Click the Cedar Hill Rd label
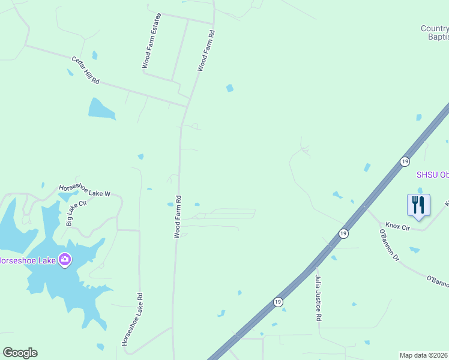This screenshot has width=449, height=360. point(85,71)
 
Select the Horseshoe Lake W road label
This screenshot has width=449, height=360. point(85,190)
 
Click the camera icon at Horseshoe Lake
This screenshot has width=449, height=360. point(65,260)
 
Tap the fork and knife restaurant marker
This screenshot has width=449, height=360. point(418,205)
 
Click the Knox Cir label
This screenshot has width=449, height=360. point(397,227)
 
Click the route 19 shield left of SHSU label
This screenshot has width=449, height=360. point(405,162)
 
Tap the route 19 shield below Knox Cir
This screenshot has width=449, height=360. point(343,233)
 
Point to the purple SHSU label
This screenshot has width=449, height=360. point(433,175)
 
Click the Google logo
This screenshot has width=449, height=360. point(20,353)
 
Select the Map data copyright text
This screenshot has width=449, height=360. point(424,355)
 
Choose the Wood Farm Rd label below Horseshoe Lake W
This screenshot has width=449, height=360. point(178,216)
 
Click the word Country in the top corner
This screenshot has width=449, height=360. point(435,28)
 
